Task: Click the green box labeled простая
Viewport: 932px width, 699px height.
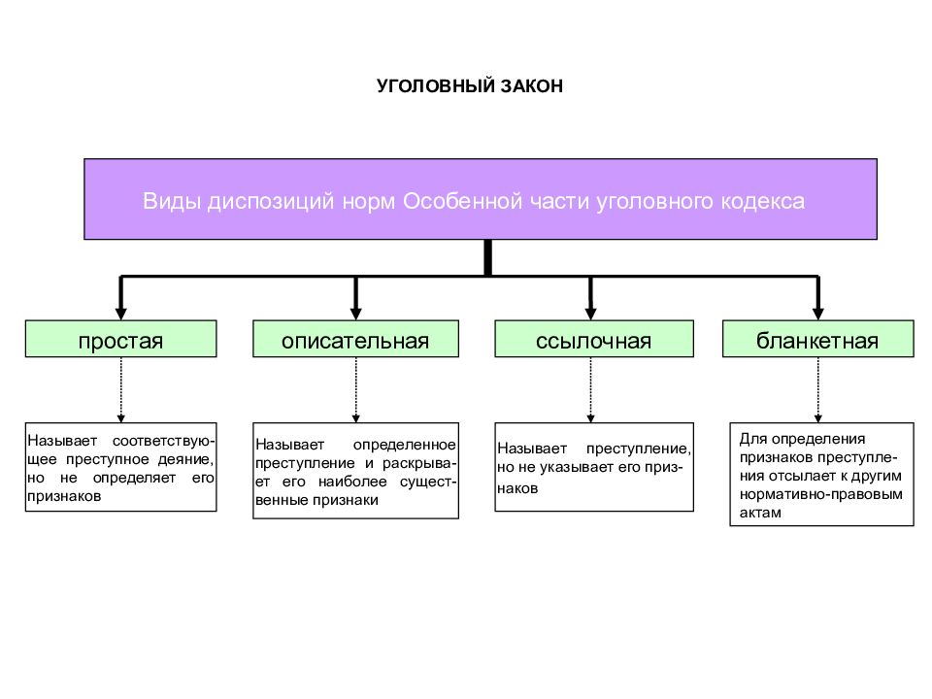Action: pos(120,339)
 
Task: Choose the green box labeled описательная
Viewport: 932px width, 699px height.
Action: pos(355,339)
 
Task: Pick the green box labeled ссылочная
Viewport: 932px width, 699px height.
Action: pos(594,339)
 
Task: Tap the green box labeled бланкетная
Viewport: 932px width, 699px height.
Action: pos(817,339)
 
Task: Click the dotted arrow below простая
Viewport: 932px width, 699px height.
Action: pos(120,390)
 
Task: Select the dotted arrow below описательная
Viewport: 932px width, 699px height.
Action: pos(355,390)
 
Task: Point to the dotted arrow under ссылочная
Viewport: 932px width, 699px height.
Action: pos(590,390)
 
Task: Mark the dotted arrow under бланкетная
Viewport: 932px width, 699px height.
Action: pos(817,390)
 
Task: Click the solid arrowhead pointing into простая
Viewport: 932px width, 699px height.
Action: pos(120,314)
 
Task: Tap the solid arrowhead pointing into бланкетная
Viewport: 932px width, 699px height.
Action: pos(817,314)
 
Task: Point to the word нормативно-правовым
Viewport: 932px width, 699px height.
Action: pos(821,494)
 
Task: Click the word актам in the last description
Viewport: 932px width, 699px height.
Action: pos(760,513)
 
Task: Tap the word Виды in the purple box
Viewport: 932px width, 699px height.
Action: pos(172,201)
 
